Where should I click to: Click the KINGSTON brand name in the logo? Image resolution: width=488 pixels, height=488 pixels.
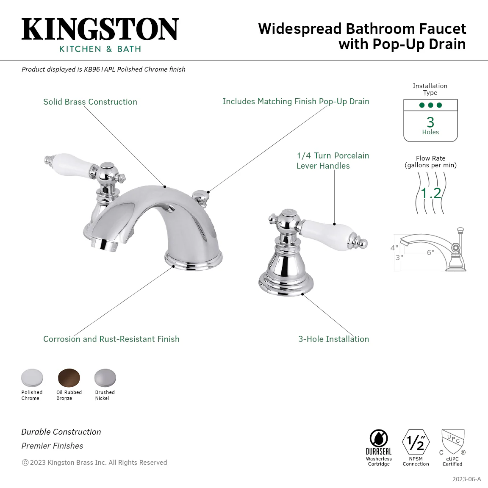click(x=100, y=29)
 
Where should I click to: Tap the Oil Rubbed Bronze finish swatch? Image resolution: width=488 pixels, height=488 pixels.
click(x=69, y=378)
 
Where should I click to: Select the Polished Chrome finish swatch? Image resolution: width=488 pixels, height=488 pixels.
click(x=32, y=378)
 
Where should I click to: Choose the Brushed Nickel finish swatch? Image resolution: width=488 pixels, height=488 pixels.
click(x=105, y=378)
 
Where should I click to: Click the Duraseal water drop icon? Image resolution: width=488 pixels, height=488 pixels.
click(x=379, y=438)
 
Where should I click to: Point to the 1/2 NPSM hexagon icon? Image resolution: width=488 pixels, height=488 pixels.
click(x=416, y=442)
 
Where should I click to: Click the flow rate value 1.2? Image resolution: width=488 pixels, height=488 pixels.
click(x=431, y=193)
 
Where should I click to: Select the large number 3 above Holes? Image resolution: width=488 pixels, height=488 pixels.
click(x=430, y=122)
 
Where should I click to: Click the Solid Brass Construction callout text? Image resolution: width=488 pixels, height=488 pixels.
click(x=90, y=102)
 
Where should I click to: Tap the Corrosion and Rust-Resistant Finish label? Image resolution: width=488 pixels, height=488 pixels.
click(x=111, y=339)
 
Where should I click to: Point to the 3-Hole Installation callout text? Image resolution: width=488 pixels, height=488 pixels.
click(x=334, y=339)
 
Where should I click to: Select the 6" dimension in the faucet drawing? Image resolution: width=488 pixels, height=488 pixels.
click(x=430, y=252)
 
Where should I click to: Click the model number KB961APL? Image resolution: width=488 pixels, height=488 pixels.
click(x=100, y=69)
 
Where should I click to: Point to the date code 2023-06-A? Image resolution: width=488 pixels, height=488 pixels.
click(x=466, y=479)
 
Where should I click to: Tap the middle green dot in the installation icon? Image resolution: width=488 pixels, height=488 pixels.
click(x=431, y=105)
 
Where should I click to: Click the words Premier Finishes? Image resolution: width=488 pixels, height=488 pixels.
click(x=52, y=446)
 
